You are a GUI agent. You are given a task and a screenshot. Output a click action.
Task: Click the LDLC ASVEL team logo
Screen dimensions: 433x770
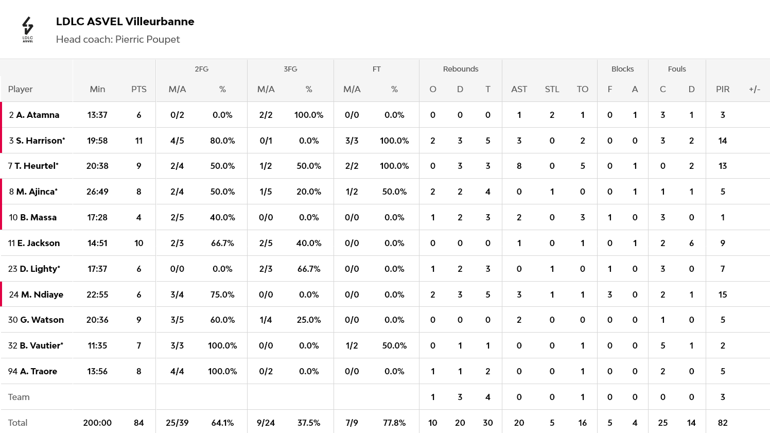(28, 29)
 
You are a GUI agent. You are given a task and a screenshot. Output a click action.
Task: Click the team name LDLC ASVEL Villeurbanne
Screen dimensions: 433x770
(125, 22)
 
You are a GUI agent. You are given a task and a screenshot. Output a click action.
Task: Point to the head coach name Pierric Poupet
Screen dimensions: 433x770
(147, 40)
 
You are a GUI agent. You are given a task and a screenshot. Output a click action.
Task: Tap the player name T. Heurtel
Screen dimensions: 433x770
(36, 166)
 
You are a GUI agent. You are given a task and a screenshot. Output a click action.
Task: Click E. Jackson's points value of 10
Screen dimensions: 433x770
(138, 243)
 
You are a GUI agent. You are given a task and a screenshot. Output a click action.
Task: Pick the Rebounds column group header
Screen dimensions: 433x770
(460, 69)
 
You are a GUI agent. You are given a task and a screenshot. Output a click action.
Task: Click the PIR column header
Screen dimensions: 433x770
(722, 89)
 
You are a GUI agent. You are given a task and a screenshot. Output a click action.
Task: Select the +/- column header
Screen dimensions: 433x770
(754, 89)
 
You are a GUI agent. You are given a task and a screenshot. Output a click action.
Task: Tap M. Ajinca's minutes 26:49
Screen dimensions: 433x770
(97, 192)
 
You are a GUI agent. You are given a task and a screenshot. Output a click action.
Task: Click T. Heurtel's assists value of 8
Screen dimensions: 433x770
(519, 166)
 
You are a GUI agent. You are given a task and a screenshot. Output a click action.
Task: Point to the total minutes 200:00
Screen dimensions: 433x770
(97, 423)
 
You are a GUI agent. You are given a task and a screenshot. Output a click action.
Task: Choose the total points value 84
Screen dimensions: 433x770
(138, 423)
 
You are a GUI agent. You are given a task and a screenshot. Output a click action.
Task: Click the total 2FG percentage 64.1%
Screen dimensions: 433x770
(222, 423)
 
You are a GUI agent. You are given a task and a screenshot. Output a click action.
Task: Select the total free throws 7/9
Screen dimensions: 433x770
(352, 423)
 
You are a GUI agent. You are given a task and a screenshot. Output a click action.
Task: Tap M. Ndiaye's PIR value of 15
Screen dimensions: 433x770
(722, 295)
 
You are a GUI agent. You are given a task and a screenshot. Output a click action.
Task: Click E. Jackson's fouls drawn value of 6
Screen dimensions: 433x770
(691, 243)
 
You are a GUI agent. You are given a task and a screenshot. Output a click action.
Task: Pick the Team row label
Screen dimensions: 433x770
(19, 397)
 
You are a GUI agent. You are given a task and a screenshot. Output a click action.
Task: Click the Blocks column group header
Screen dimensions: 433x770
(622, 69)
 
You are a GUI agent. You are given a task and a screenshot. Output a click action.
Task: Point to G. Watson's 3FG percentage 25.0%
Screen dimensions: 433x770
(309, 320)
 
